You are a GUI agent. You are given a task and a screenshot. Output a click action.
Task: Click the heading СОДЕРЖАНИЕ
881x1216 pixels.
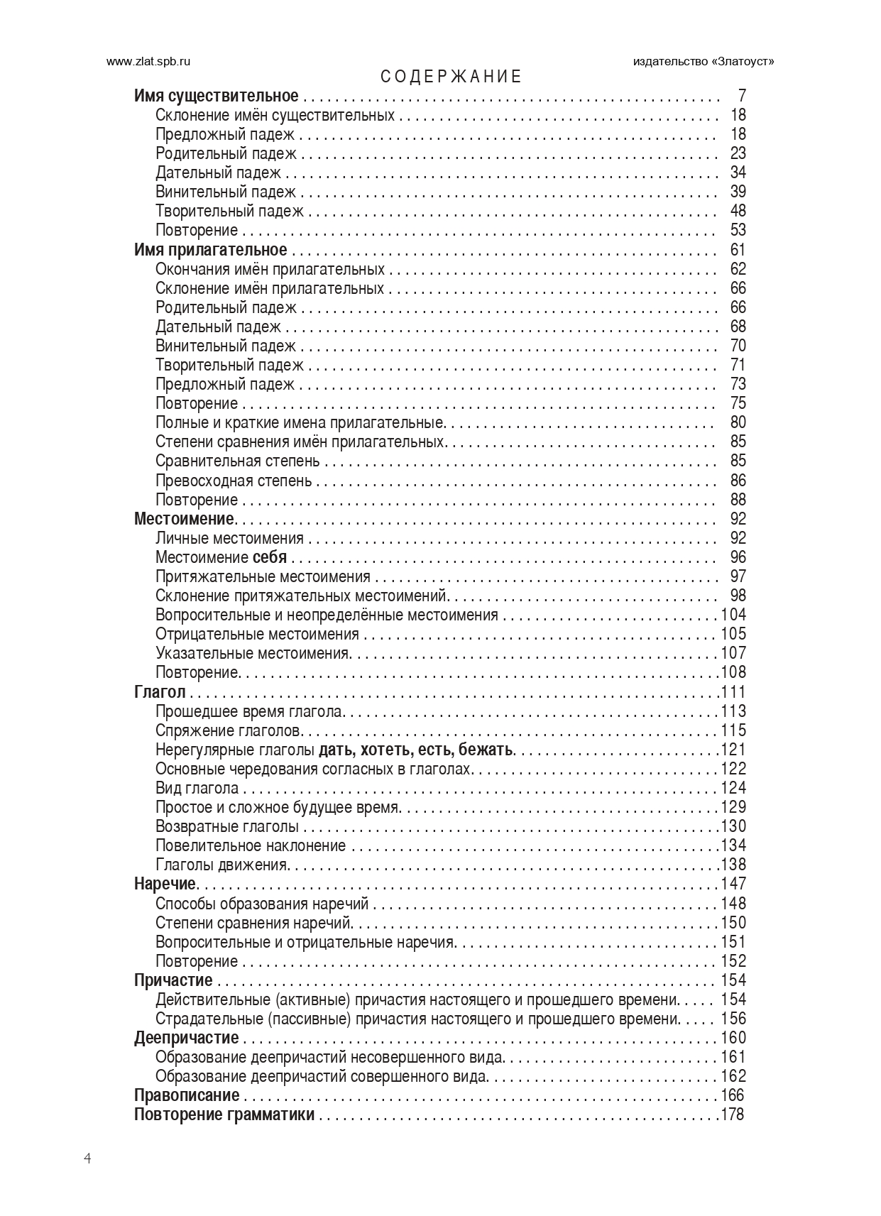pyautogui.click(x=451, y=77)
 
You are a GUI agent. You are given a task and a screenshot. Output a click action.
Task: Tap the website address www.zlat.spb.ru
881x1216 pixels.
pyautogui.click(x=148, y=61)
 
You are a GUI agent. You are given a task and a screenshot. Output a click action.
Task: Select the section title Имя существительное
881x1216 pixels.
pyautogui.click(x=217, y=96)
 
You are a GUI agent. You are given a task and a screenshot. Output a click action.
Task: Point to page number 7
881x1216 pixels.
pyautogui.click(x=742, y=96)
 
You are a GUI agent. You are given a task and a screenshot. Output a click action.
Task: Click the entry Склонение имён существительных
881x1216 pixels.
pyautogui.click(x=275, y=115)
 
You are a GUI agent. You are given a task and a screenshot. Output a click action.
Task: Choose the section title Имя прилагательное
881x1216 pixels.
pyautogui.click(x=211, y=250)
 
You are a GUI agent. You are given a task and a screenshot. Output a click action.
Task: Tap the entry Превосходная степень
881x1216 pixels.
pyautogui.click(x=234, y=481)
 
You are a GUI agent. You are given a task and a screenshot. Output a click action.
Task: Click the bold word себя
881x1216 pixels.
pyautogui.click(x=270, y=557)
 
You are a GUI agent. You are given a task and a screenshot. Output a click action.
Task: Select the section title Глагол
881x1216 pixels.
pyautogui.click(x=160, y=692)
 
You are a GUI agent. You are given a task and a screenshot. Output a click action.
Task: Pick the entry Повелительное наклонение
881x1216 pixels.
pyautogui.click(x=251, y=845)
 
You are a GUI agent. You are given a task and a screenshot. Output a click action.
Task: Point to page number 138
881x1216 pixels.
pyautogui.click(x=734, y=865)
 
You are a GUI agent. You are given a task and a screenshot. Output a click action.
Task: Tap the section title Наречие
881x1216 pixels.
pyautogui.click(x=165, y=884)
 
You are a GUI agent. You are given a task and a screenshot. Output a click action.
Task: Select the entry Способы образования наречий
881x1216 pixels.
pyautogui.click(x=262, y=904)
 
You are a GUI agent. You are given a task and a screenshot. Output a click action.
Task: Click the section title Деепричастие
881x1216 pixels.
pyautogui.click(x=187, y=1038)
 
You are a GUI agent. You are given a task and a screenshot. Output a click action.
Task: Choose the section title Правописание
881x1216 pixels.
pyautogui.click(x=187, y=1095)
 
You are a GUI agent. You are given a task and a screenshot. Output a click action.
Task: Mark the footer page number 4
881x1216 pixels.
pyautogui.click(x=87, y=1159)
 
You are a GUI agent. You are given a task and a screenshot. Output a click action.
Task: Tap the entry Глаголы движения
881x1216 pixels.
pyautogui.click(x=221, y=865)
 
